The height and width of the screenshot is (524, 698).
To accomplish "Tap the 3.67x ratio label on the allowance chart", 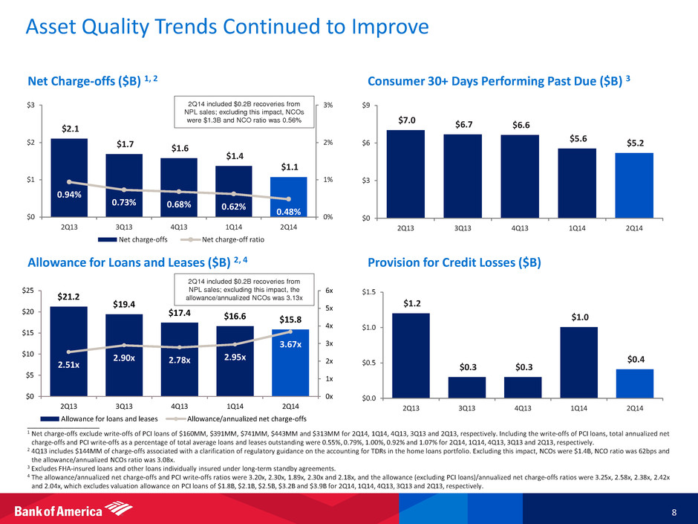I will [291, 345].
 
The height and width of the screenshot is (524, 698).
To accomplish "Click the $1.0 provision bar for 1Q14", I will [579, 363].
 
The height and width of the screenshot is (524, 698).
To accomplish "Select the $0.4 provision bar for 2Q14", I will [635, 384].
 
